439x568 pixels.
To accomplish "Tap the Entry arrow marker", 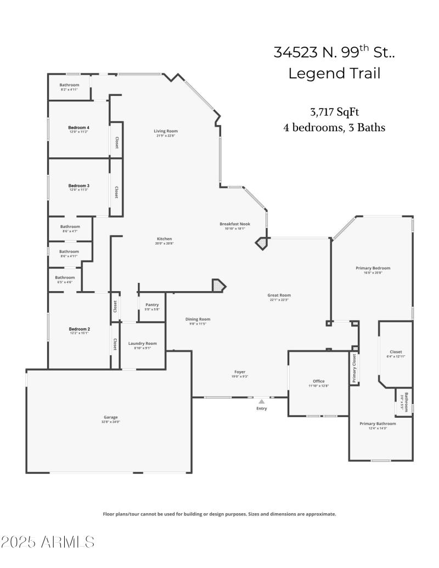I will point(262,402).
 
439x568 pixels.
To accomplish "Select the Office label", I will point(319,381).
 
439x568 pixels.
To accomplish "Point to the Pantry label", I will point(152,305).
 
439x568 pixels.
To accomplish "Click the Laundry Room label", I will point(143,344).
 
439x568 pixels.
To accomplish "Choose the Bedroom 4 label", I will point(78,128).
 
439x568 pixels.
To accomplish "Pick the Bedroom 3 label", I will point(78,186).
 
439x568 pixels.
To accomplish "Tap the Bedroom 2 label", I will point(80,329).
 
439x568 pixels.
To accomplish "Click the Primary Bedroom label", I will point(373,268).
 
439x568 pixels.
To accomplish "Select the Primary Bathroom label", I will point(378,424).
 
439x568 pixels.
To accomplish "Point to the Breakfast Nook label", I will point(235,224).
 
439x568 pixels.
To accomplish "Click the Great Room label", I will point(279,296).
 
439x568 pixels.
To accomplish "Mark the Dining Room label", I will point(198,319).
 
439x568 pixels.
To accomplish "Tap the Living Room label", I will point(166,131).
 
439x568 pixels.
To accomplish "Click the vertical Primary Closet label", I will point(354,368).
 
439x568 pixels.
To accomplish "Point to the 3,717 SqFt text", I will point(334,112).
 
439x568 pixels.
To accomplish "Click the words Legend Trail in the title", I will point(334,73).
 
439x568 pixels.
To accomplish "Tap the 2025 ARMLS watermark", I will point(48,543).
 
